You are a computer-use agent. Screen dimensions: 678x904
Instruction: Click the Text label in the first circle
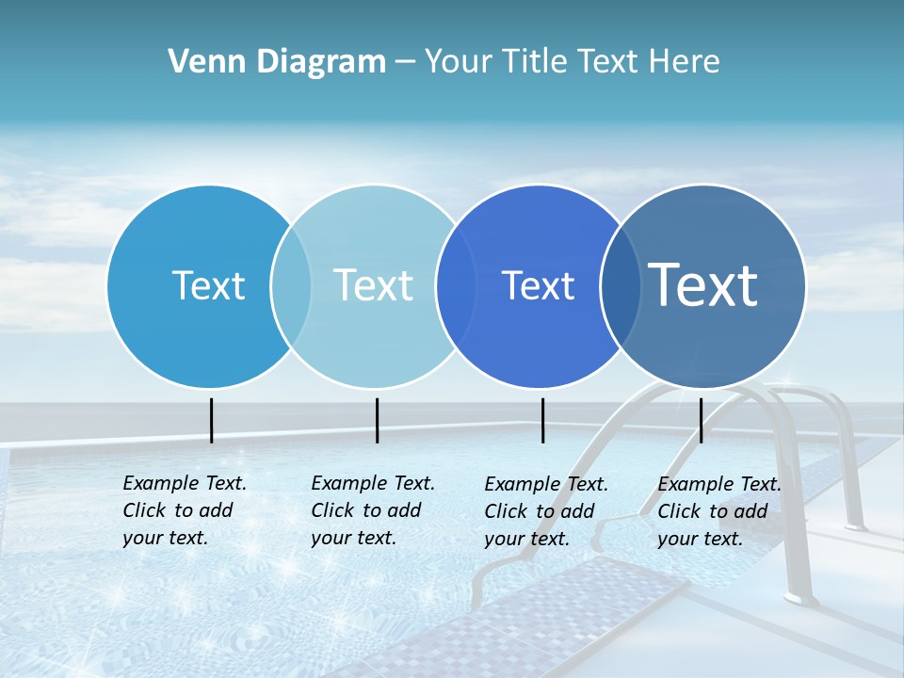208,285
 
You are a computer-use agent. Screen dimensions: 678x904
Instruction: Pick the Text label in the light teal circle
373,285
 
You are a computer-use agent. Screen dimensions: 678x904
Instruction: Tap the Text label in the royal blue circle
538,285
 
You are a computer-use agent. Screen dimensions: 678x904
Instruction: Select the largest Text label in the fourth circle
702,284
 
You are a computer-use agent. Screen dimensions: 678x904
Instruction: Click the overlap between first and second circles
291,285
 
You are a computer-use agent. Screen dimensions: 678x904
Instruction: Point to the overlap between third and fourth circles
621,285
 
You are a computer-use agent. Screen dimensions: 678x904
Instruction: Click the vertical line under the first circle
212,420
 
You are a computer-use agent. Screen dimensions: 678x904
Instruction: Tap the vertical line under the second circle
377,420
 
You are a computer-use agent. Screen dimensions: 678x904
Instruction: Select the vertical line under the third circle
543,420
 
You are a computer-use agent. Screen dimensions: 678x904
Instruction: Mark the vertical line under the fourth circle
701,420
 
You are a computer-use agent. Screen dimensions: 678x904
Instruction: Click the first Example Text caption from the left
185,510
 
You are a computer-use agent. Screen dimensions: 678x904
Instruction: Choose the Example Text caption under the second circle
373,510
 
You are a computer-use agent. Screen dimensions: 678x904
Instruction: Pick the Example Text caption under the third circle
546,511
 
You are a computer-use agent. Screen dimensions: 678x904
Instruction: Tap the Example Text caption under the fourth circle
719,511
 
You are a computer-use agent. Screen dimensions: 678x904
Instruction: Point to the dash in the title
405,62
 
